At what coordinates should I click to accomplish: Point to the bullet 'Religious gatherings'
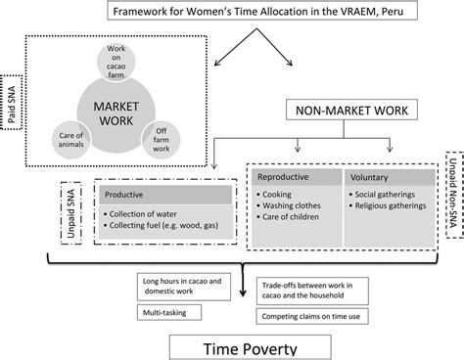[389, 209]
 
